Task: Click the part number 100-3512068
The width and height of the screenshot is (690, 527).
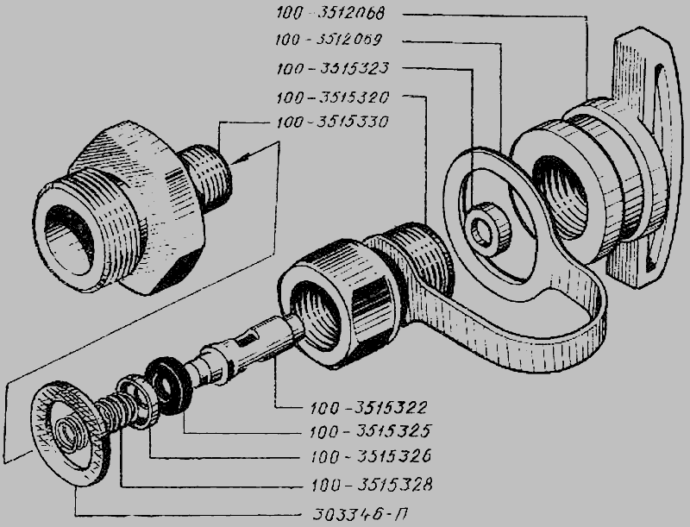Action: (330, 13)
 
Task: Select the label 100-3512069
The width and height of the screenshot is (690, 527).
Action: (329, 40)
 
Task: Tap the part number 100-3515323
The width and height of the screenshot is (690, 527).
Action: (333, 69)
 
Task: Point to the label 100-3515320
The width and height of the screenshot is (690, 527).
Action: (333, 97)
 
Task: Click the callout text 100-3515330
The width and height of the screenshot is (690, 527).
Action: (333, 122)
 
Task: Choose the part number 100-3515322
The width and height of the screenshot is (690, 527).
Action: (369, 407)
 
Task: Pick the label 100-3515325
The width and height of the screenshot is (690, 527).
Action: (370, 431)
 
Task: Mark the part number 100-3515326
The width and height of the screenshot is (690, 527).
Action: (371, 456)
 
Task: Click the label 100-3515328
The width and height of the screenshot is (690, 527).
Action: (372, 485)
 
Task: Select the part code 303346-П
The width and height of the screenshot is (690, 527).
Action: (362, 513)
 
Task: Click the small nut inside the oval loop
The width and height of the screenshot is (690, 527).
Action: (488, 229)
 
